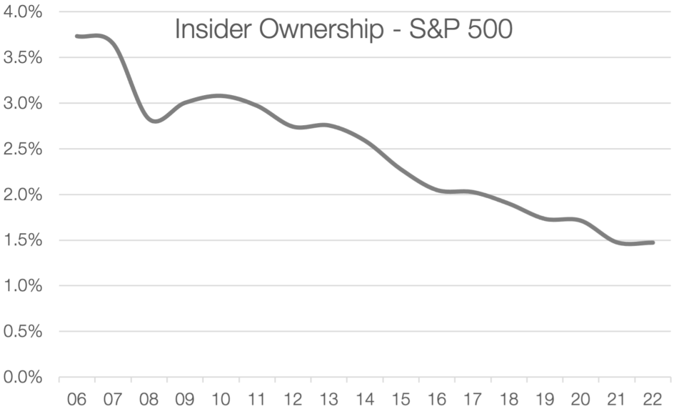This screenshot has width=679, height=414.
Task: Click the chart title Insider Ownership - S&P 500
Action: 343,30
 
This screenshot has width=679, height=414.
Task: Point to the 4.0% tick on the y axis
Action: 22,12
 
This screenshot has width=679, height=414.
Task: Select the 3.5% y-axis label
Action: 22,58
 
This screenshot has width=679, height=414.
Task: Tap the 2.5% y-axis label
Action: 22,149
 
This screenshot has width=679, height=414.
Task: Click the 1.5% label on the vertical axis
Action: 22,240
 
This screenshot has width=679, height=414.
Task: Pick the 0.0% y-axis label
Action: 22,377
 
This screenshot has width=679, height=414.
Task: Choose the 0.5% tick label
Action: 22,331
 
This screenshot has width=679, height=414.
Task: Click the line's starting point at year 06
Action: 77,36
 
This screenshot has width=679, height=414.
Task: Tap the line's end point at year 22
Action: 652,242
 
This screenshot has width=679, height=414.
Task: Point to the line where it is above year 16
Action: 436,190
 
